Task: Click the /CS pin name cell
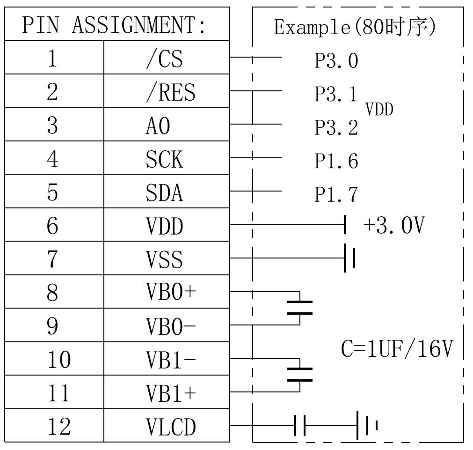167,57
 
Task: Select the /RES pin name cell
167,90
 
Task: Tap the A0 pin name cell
167,124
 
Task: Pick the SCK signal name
164,159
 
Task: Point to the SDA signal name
164,192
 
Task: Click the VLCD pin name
171,427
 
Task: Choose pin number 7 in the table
52,259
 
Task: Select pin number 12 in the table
59,427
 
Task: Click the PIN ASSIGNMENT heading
114,25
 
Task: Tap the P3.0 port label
336,61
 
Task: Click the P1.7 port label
336,194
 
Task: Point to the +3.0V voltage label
394,225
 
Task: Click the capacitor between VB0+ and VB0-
299,308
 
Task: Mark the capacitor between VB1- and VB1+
299,375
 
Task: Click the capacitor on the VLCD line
299,426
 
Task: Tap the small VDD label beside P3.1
379,109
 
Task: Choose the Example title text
355,27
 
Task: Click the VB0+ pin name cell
167,291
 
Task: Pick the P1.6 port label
336,161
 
